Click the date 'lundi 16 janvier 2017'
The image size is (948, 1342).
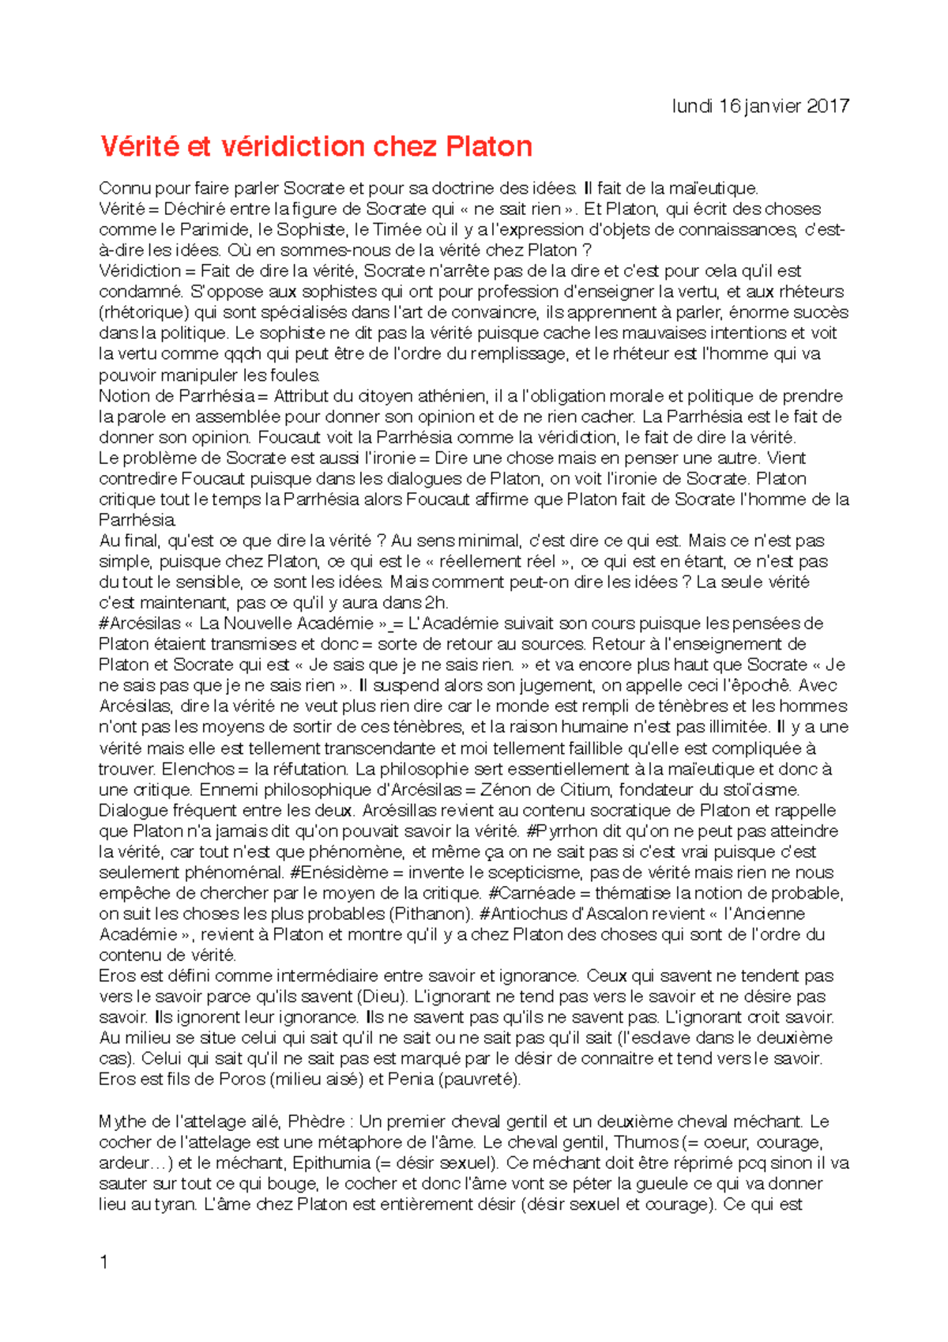click(x=760, y=106)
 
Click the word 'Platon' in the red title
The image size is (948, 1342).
click(x=489, y=146)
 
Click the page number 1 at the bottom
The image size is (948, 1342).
click(x=104, y=1262)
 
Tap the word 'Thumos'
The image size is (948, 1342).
click(x=646, y=1142)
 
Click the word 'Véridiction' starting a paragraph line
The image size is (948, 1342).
click(x=140, y=271)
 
